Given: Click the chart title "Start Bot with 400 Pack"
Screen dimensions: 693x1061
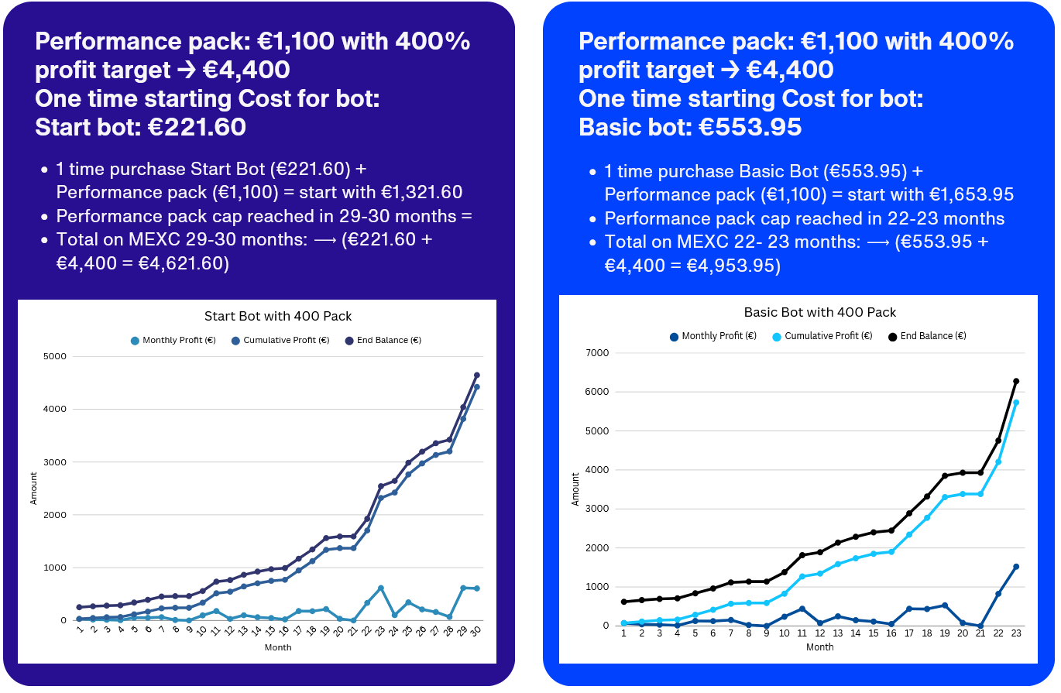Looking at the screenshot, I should [x=277, y=316].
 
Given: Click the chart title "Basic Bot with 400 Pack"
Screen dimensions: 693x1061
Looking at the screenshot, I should [x=819, y=312].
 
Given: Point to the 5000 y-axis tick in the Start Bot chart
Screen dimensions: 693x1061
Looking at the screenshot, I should [x=57, y=356].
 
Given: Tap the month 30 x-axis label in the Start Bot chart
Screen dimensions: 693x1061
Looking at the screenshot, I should [x=476, y=631].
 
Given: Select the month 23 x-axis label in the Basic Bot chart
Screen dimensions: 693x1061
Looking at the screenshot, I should [x=1015, y=633].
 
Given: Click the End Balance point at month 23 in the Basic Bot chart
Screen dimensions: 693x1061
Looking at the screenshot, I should [x=1016, y=381].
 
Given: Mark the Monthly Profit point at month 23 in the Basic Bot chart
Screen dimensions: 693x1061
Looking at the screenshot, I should [x=1016, y=567].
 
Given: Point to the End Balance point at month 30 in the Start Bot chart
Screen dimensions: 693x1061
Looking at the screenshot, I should [x=476, y=376].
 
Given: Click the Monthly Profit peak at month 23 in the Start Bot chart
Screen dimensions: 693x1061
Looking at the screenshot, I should [x=380, y=588].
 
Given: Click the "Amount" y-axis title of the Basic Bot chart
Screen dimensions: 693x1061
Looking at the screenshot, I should [x=575, y=489].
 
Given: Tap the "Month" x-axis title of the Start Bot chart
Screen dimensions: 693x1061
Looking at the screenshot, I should [x=278, y=647].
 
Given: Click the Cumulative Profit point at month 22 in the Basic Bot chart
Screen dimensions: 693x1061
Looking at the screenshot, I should [x=998, y=461].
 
